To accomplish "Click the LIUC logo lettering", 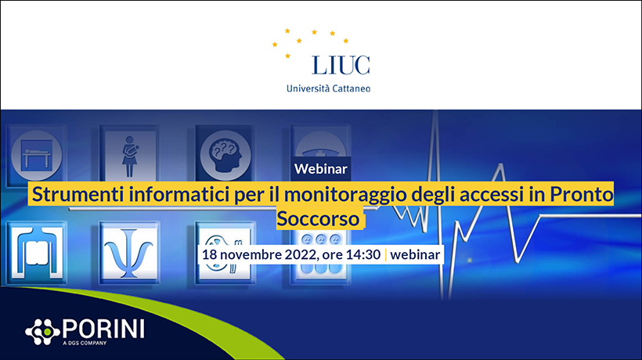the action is coord(341,65).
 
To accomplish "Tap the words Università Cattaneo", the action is coord(328,88).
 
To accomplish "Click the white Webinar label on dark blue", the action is coord(320,168).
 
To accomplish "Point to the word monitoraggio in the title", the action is coord(345,195).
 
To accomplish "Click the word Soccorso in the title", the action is coord(318,218).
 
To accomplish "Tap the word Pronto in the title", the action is coord(582,194).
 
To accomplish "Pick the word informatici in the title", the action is coord(179,194).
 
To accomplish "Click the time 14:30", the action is coord(363,254).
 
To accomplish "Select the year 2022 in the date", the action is coord(300,254).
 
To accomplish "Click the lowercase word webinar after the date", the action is coord(415,254).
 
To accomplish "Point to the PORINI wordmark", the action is coord(103,329).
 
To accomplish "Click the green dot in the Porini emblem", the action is coord(47,332).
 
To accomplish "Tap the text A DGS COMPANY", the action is coord(85,343).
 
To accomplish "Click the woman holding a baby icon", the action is coord(130,156).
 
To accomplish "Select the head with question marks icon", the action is coord(225,156).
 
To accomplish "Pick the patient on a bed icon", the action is coord(37,156).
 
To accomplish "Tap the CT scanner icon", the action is coord(37,253).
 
